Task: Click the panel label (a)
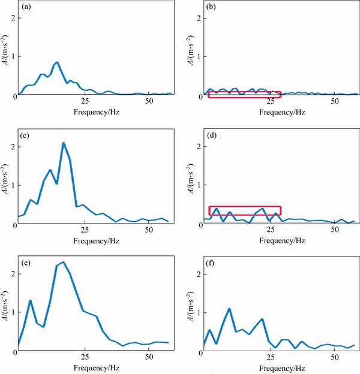[26, 8]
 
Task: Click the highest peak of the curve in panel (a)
[57, 62]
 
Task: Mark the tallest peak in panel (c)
[63, 143]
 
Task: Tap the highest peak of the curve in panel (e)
[63, 262]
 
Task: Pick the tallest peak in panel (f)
[229, 309]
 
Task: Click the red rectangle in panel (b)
[244, 95]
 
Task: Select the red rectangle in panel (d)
[245, 210]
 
